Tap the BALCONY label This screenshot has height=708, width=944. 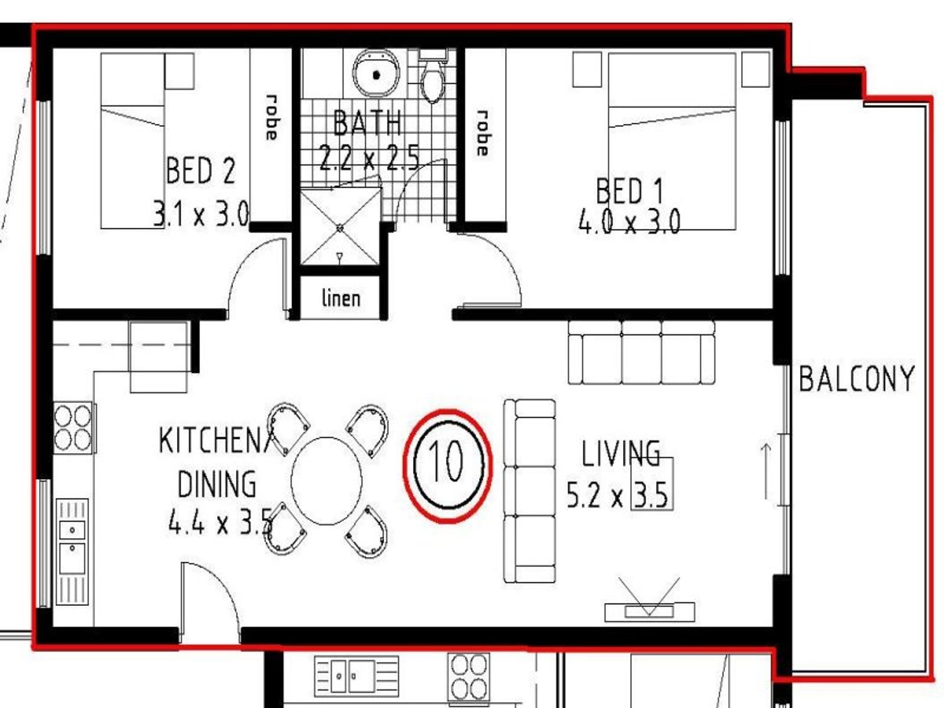(856, 378)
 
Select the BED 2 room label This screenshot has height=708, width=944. (201, 171)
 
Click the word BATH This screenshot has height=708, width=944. (368, 122)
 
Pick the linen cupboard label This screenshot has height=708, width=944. (341, 298)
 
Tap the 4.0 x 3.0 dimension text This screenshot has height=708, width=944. (630, 222)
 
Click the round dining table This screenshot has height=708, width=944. (326, 481)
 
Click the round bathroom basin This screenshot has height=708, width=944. (376, 74)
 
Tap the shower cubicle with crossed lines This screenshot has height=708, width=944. (340, 228)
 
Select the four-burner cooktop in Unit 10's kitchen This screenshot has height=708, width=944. (74, 428)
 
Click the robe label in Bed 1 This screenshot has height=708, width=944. (483, 133)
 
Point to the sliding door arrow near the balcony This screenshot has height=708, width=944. (766, 471)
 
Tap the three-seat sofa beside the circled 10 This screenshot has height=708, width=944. (530, 491)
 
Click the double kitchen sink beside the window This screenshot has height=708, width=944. (72, 552)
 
